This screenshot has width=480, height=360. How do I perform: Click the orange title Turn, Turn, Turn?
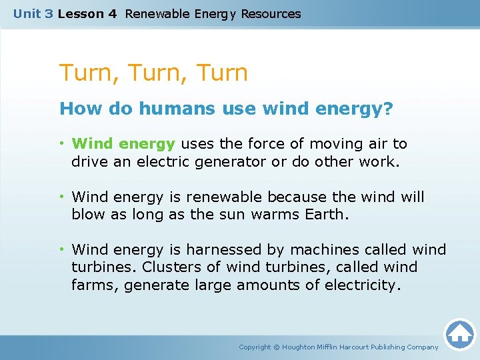pyautogui.click(x=153, y=73)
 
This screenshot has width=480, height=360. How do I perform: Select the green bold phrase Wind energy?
pyautogui.click(x=123, y=143)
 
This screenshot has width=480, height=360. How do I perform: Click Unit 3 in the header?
pyautogui.click(x=33, y=13)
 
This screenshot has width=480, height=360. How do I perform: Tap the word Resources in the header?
pyautogui.click(x=271, y=13)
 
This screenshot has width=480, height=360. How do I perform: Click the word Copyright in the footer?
pyautogui.click(x=255, y=347)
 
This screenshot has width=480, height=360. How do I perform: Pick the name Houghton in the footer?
pyautogui.click(x=303, y=347)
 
